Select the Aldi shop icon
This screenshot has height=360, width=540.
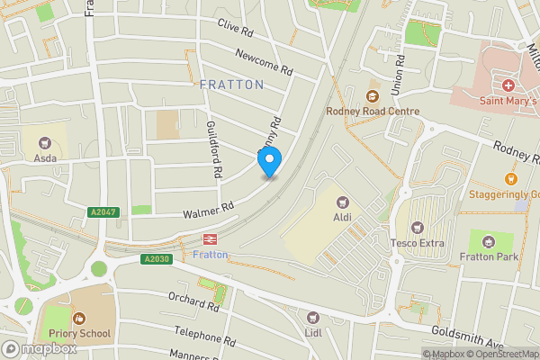pyautogui.click(x=341, y=203)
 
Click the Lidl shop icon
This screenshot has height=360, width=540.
pyautogui.click(x=313, y=317)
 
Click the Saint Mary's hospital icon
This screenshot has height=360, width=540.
pyautogui.click(x=508, y=85)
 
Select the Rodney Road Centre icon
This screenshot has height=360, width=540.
pyautogui.click(x=371, y=95)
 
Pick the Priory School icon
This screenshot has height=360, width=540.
pyautogui.click(x=79, y=318)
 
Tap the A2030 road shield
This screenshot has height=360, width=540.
pyautogui.click(x=156, y=259)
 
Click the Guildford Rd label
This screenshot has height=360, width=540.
pyautogui.click(x=214, y=148)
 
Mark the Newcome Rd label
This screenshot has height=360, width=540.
pyautogui.click(x=265, y=62)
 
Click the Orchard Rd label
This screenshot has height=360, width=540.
pyautogui.click(x=194, y=301)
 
